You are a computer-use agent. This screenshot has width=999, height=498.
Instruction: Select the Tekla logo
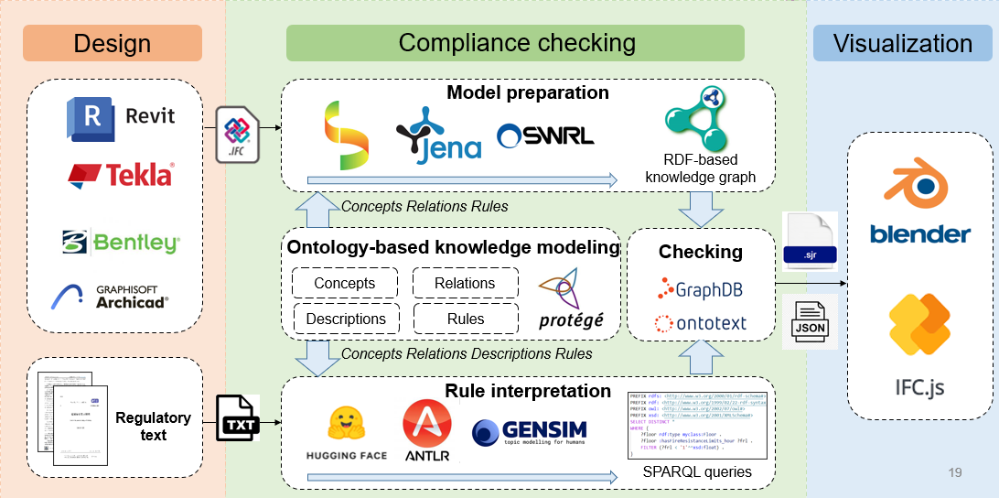point(120,174)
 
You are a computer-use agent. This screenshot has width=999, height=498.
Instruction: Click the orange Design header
point(112,43)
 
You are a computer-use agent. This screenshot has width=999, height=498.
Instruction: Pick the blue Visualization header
point(902,43)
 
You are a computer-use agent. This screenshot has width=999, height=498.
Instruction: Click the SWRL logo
point(545,135)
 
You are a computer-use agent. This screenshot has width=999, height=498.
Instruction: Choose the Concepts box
point(345,284)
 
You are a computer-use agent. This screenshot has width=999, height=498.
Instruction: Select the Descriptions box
point(345,319)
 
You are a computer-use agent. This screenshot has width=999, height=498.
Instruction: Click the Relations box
point(465,284)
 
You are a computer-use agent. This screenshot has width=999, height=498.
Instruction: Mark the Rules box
point(465,319)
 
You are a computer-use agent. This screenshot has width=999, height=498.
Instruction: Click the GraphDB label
point(701,290)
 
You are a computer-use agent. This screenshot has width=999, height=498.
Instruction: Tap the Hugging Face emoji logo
point(347,431)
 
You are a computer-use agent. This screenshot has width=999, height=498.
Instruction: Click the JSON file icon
point(809,321)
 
